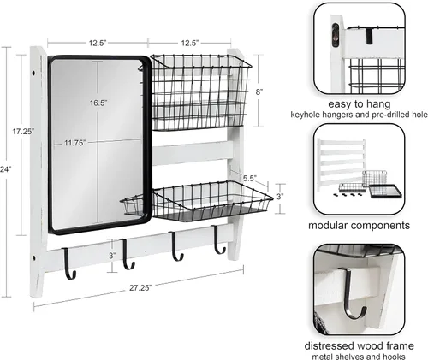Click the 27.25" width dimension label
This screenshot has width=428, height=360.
coord(140,288)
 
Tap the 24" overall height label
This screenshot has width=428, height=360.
coord(5,169)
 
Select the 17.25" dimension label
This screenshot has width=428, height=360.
coord(23,132)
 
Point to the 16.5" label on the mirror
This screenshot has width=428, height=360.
coord(98,103)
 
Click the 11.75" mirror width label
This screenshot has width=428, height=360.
coord(74,143)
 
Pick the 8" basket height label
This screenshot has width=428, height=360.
coord(259,92)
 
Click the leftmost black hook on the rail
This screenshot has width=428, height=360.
coord(69,263)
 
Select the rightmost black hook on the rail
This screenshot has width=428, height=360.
coord(218,239)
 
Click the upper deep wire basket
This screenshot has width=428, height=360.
coord(200,92)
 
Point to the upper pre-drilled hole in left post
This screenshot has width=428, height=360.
coord(34,74)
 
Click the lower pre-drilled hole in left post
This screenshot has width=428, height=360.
coord(34,258)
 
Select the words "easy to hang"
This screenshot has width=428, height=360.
coord(360,104)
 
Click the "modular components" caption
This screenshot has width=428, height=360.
coord(360,226)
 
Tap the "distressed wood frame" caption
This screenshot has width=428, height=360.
coord(360,346)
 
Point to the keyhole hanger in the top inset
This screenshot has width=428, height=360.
coord(336,35)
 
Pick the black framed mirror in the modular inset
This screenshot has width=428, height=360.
coord(385,192)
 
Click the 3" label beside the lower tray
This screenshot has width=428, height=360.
coord(280,197)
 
